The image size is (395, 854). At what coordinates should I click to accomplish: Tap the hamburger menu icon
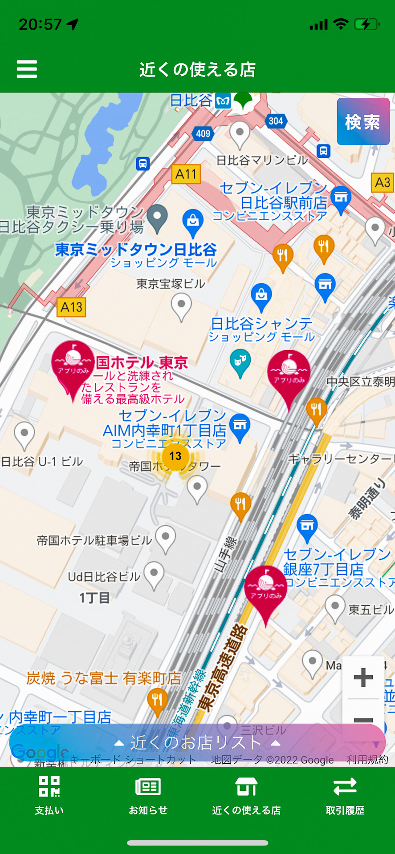point(27,69)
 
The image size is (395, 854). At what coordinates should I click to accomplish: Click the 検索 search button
point(363,121)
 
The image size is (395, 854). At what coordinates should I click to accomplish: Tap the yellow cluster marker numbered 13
point(175,456)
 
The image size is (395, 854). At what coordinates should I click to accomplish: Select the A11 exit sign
point(186,174)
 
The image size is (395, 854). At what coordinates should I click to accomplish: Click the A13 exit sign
point(71,307)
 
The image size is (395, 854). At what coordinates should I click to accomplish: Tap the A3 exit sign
point(383,182)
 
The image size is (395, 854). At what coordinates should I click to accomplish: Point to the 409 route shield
point(203,133)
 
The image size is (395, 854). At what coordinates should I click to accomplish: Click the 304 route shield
point(276,121)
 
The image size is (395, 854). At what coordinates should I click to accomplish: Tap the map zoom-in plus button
point(363,677)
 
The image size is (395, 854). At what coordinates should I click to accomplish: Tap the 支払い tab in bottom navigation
point(49,796)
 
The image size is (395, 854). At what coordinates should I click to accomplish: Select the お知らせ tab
point(148,796)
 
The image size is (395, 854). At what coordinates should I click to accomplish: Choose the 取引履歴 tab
point(345,796)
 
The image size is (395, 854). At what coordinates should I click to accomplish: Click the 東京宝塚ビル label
point(171,284)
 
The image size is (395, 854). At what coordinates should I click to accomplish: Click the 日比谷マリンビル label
point(262,160)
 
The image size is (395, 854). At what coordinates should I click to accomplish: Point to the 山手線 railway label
point(226,554)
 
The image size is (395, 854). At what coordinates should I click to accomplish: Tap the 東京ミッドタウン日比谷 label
point(136,250)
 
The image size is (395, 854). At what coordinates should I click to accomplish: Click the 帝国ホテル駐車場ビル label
point(94,540)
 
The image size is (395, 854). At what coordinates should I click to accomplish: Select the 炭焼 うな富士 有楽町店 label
point(104,678)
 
